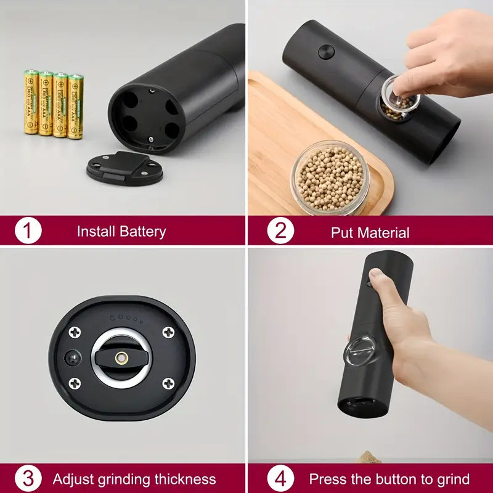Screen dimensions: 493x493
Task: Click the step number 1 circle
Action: pyautogui.click(x=28, y=232)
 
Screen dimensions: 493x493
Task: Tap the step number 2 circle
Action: pyautogui.click(x=280, y=232)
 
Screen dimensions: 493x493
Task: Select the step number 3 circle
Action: pyautogui.click(x=28, y=479)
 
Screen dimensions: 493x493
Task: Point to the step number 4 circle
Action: pyautogui.click(x=280, y=479)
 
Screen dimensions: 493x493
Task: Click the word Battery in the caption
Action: pyautogui.click(x=142, y=232)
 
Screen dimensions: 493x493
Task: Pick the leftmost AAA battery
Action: pyautogui.click(x=31, y=102)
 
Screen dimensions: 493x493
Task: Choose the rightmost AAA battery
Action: pyautogui.click(x=75, y=106)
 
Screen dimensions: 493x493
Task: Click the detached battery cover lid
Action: pyautogui.click(x=126, y=168)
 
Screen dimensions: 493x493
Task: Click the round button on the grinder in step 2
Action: pyautogui.click(x=327, y=52)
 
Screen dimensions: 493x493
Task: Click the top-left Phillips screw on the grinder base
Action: pyautogui.click(x=75, y=332)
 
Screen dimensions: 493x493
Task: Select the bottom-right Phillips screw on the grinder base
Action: pyautogui.click(x=168, y=383)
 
